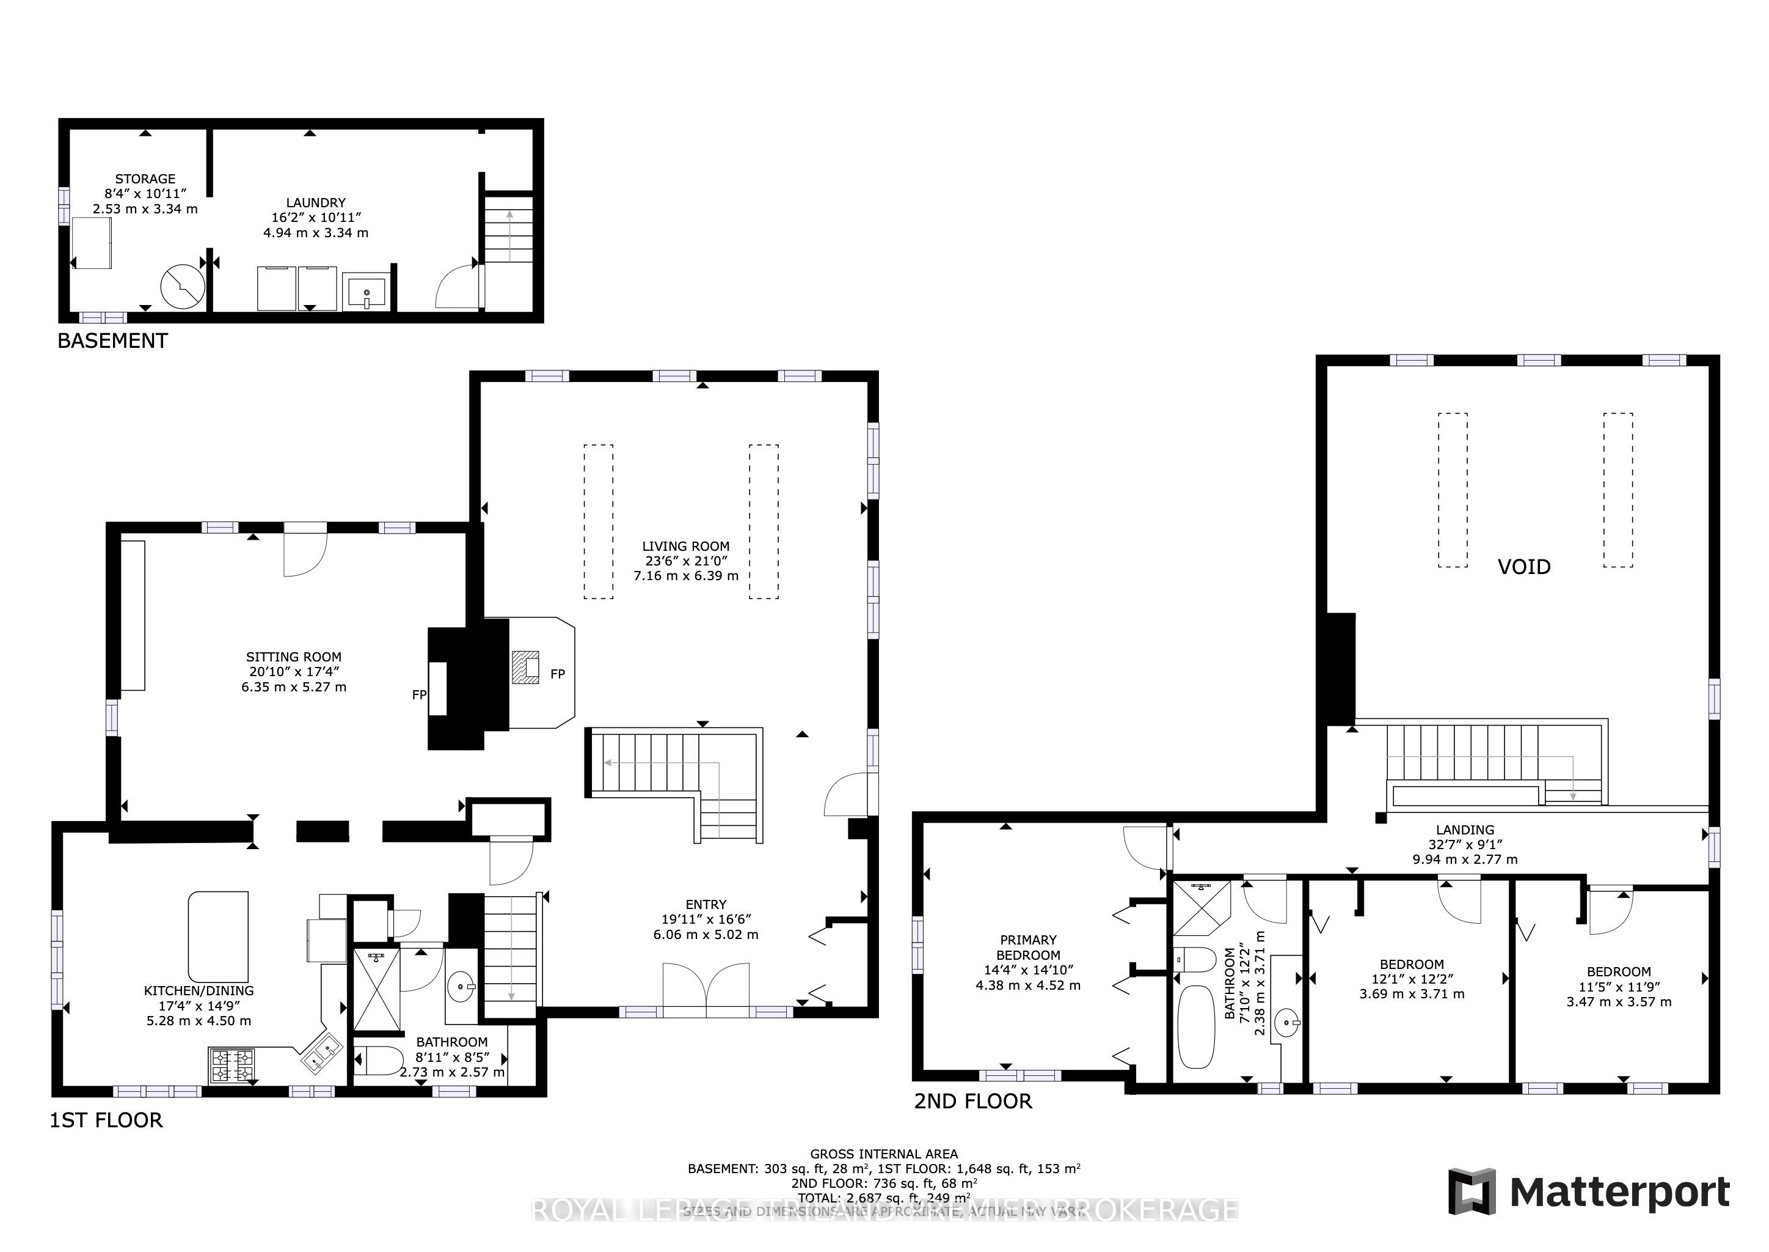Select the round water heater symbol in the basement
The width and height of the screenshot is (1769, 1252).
[183, 286]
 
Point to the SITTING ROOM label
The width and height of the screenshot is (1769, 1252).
[294, 657]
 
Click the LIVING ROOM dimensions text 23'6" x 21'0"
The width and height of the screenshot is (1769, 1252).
[686, 561]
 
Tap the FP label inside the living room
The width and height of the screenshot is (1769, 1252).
[558, 674]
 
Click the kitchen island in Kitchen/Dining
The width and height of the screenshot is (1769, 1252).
[219, 935]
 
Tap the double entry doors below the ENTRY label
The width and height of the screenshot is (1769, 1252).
[706, 990]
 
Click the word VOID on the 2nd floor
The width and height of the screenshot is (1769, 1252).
[1523, 567]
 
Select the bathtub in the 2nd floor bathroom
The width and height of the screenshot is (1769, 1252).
[1196, 1026]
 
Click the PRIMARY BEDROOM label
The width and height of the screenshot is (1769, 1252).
[1028, 947]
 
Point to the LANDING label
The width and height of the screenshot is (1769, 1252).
[1465, 830]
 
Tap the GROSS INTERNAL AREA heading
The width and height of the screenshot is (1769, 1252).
[884, 1154]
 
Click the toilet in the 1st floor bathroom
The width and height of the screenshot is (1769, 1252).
[378, 1062]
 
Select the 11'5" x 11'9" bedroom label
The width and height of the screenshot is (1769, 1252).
[1619, 986]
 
